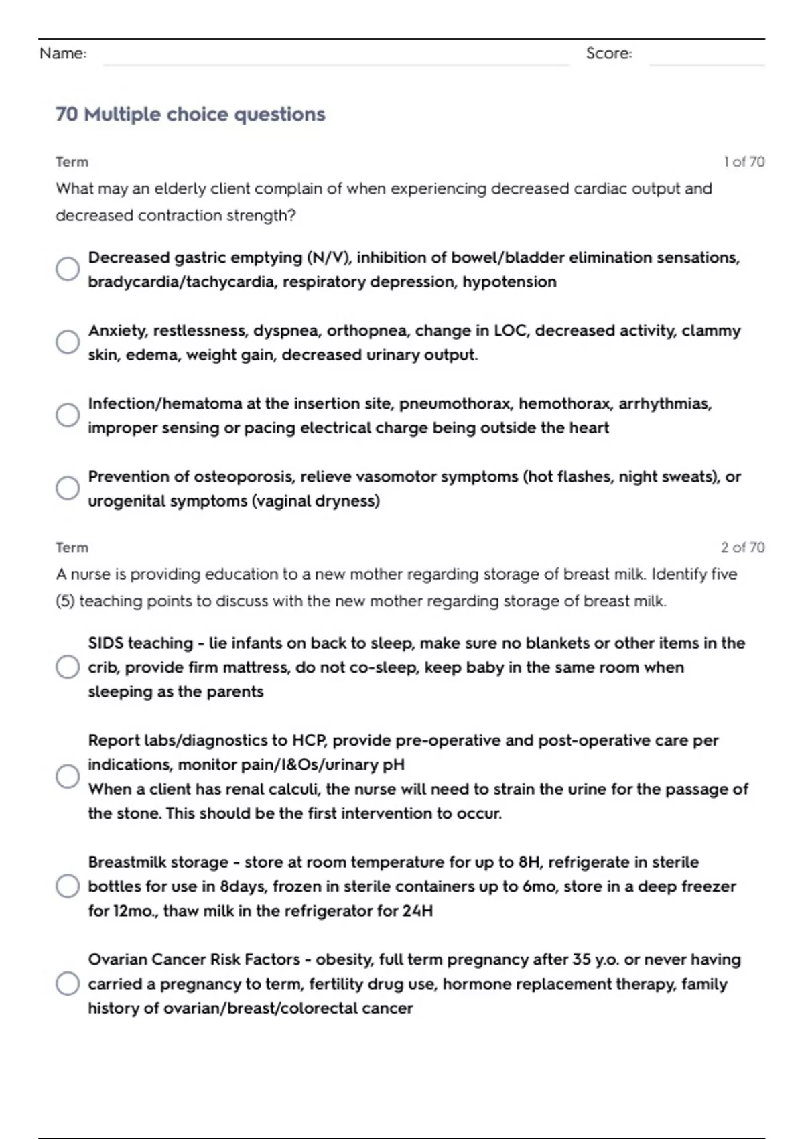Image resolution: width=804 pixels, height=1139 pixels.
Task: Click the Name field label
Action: click(x=63, y=54)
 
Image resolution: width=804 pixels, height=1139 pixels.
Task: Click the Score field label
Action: click(x=608, y=54)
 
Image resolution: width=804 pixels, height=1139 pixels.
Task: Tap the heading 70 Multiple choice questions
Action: click(x=190, y=115)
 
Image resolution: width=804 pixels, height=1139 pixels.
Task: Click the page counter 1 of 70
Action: click(x=744, y=162)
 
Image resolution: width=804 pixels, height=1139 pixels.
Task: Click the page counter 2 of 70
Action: click(x=742, y=547)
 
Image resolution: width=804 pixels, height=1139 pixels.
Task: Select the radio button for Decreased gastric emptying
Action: click(x=68, y=269)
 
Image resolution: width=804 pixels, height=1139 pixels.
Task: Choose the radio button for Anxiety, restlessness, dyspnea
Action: click(x=68, y=342)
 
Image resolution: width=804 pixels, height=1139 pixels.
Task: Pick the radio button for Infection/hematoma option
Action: click(x=68, y=415)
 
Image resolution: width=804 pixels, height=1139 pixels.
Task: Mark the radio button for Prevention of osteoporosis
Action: click(x=68, y=488)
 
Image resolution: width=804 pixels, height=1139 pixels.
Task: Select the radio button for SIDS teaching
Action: click(x=68, y=667)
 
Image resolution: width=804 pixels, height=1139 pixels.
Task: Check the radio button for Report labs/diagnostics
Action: click(x=68, y=777)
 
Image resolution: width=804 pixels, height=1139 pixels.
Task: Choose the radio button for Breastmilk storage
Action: click(x=68, y=886)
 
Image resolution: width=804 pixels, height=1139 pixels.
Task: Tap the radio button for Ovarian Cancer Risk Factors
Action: click(x=68, y=984)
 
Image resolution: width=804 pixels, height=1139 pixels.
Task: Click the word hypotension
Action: click(x=509, y=282)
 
